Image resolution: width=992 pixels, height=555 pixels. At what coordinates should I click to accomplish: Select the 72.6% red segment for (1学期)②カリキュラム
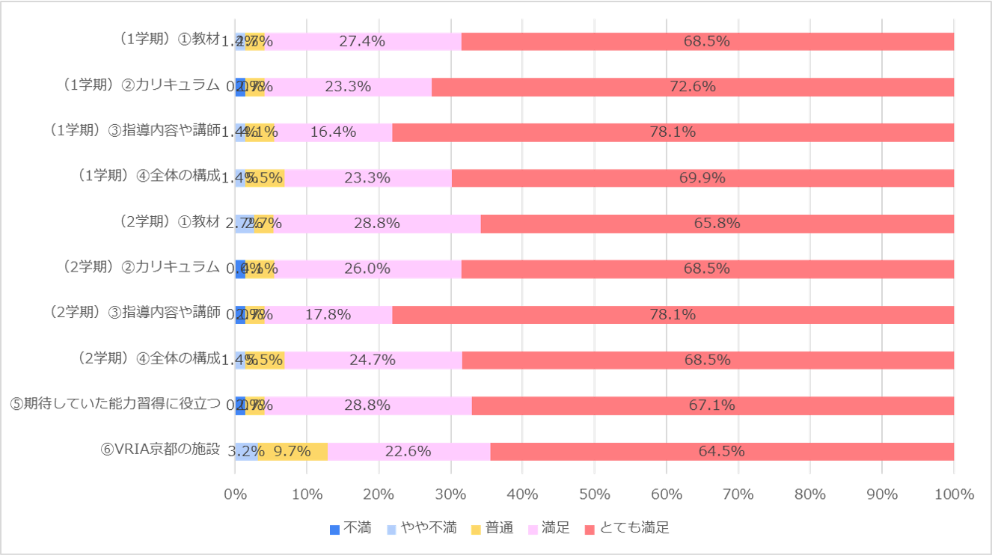(693, 87)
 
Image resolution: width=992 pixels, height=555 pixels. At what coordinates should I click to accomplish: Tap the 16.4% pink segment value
(333, 132)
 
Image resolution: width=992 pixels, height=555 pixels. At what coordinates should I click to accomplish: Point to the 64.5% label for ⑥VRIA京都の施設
(721, 451)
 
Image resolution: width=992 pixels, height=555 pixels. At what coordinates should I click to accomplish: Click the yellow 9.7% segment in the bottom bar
(293, 451)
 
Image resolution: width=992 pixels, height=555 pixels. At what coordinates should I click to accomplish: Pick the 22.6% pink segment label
(408, 451)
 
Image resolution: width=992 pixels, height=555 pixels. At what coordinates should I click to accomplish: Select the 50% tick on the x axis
(594, 494)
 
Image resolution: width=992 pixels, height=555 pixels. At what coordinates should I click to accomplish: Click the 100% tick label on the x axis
(954, 494)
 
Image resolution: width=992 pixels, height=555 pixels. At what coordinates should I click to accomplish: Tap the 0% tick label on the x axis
(235, 494)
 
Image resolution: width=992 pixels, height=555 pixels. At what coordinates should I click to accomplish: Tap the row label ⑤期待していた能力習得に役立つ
(115, 404)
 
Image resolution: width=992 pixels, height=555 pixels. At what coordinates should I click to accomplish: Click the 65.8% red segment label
(717, 223)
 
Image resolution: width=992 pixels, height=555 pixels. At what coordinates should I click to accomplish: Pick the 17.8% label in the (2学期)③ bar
(328, 314)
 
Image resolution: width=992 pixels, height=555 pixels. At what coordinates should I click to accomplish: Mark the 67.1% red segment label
(711, 405)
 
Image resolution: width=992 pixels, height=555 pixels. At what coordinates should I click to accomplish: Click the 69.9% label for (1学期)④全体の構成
(702, 177)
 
